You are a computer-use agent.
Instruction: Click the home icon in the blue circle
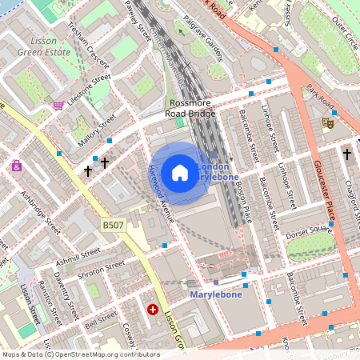click(x=180, y=173)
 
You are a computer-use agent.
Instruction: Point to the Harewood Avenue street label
click(x=160, y=192)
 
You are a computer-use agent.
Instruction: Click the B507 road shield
click(x=114, y=227)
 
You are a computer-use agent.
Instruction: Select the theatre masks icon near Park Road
click(x=326, y=122)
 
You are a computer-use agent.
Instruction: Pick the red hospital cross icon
click(x=152, y=308)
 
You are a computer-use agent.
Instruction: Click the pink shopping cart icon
click(x=58, y=105)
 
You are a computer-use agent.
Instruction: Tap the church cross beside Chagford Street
click(x=346, y=152)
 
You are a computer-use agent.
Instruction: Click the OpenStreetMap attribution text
click(x=81, y=354)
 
